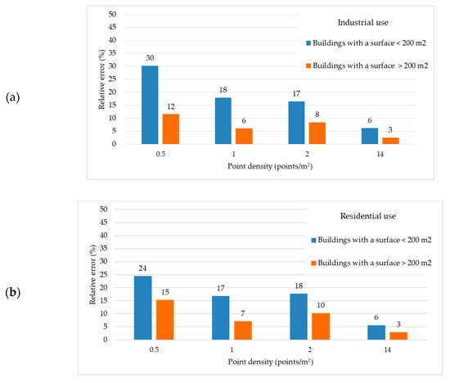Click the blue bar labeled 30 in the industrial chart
point(150,105)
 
